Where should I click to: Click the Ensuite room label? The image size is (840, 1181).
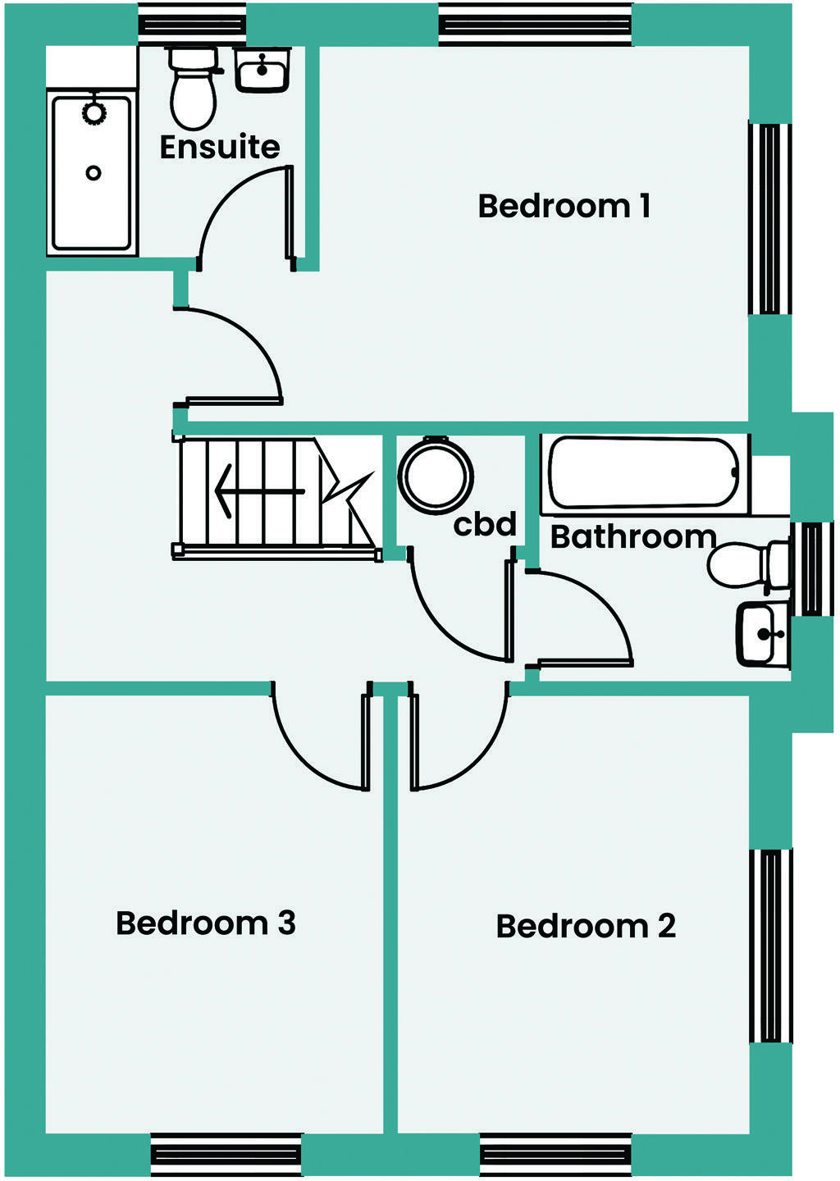coord(220,148)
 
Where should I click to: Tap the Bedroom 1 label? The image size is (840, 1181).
coord(564,206)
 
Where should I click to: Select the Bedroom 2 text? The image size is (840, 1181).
coord(586,926)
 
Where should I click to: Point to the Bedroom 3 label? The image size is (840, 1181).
coord(205,923)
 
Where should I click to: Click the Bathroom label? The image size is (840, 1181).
coord(633,536)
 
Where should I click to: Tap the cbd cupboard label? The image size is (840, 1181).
coord(485,524)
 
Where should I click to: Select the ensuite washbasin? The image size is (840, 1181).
coord(262,69)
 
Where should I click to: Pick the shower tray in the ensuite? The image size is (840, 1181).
coord(92,172)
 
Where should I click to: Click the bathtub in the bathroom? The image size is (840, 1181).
coord(644,473)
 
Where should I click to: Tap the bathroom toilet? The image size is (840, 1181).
coord(746,565)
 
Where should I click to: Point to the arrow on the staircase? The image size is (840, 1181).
coord(258,491)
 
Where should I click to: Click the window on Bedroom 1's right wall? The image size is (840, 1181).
coord(769,219)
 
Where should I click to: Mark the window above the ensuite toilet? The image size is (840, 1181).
coord(192,25)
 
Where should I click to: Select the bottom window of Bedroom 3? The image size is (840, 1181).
coord(226,1155)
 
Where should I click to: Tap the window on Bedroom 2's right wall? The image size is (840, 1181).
coord(771,946)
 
